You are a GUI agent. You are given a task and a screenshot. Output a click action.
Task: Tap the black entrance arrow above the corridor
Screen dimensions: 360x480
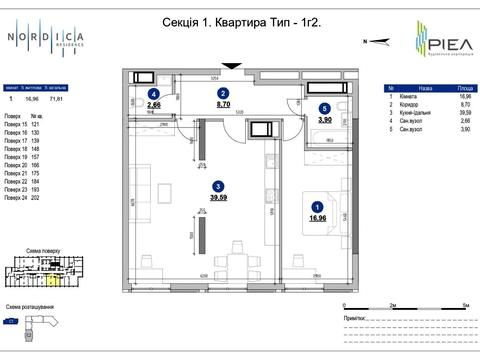(233, 66)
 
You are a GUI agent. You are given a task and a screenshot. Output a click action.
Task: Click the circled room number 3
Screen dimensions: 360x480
(217, 186)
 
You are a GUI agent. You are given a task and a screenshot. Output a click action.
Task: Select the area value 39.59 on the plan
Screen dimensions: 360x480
(218, 197)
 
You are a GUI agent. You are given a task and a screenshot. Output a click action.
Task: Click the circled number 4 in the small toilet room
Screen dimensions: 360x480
(153, 92)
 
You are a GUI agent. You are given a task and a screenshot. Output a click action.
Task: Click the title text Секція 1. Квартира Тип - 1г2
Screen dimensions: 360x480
(232, 35)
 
